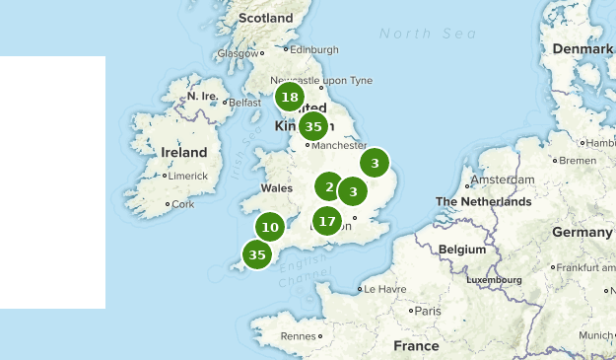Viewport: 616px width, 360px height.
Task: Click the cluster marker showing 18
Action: [x=289, y=97]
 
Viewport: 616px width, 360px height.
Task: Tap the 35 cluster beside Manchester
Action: [x=313, y=126]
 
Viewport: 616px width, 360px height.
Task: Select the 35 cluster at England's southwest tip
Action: [x=257, y=254]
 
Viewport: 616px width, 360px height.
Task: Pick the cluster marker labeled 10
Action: [x=270, y=227]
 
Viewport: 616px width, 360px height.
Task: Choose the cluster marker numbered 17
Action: [x=327, y=221]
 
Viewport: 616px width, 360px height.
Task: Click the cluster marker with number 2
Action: [x=328, y=185]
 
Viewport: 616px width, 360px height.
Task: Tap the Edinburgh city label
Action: [x=314, y=49]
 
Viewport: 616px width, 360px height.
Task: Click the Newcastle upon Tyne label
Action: [x=308, y=80]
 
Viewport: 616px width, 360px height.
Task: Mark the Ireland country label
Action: [x=184, y=153]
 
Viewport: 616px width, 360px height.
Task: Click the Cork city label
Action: [x=183, y=204]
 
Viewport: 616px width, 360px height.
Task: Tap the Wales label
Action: [x=277, y=188]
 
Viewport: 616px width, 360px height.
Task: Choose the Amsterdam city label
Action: [x=503, y=180]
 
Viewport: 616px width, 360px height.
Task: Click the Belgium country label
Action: [x=462, y=250]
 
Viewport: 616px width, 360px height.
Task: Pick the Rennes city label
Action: [x=298, y=336]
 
